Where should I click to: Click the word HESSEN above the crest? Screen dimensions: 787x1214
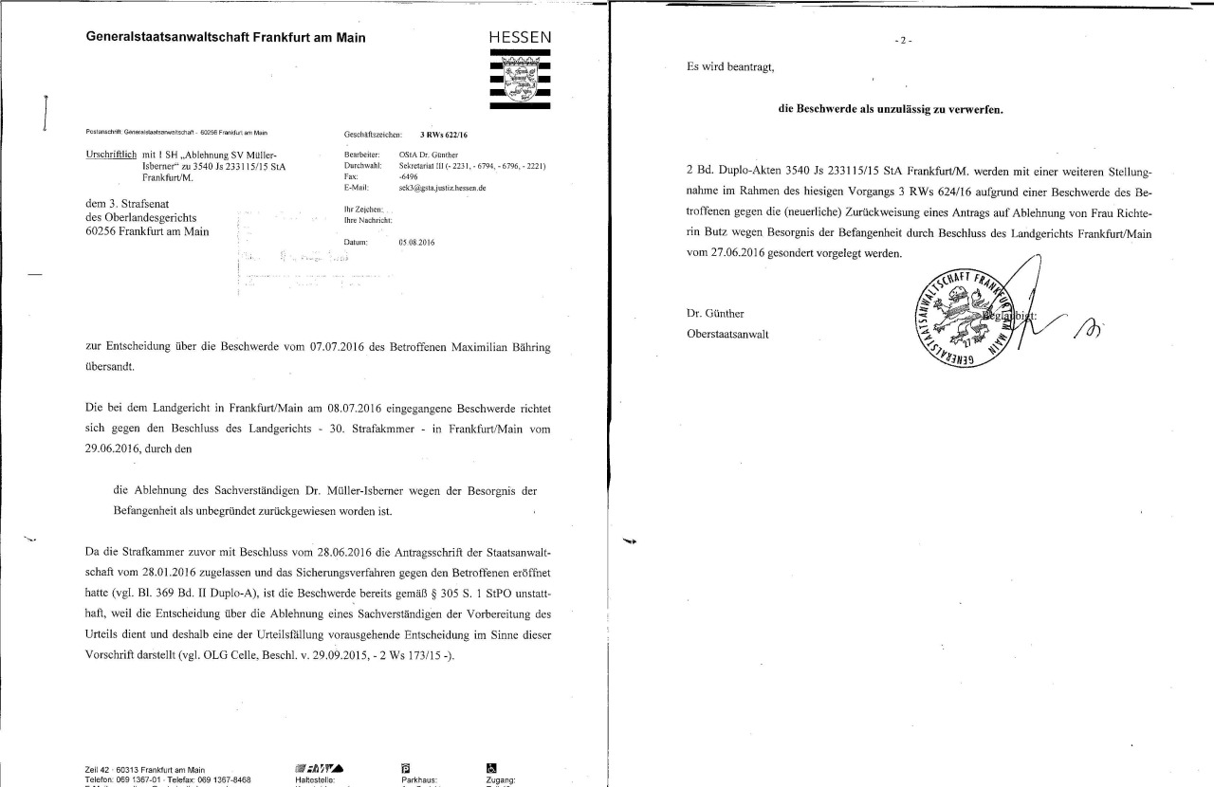[x=520, y=37]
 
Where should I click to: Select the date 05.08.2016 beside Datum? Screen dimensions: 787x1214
[x=417, y=243]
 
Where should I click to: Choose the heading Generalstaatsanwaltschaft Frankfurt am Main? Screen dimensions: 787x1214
[x=226, y=38]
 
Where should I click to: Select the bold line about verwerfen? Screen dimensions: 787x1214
[x=891, y=109]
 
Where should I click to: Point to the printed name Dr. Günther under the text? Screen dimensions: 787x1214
[x=715, y=314]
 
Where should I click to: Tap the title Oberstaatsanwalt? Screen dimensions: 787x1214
[x=727, y=334]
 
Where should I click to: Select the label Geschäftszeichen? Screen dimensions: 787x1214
[x=374, y=136]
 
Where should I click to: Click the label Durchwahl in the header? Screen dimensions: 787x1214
[x=363, y=165]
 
